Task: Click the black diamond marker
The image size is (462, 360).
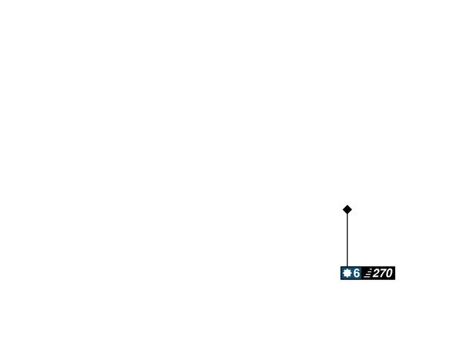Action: (347, 209)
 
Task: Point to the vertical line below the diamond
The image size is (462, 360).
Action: (347, 240)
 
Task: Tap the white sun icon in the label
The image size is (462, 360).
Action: (347, 273)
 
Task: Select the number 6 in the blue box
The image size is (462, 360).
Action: (357, 273)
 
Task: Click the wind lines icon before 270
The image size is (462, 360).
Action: (368, 274)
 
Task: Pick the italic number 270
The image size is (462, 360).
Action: (383, 273)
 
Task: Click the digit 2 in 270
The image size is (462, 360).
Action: (377, 273)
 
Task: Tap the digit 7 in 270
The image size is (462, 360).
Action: (383, 273)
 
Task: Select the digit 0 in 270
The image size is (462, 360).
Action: (389, 273)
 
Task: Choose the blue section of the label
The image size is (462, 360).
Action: (351, 273)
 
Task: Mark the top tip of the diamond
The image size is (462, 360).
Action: (347, 205)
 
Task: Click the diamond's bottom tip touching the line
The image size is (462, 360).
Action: (347, 214)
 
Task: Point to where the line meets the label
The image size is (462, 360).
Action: (347, 267)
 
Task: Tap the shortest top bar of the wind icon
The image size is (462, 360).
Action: (370, 270)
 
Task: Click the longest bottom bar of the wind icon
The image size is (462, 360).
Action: (367, 277)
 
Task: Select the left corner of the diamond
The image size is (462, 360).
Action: (343, 209)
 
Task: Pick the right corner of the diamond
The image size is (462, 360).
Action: (352, 209)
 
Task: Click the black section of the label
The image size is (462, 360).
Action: (378, 273)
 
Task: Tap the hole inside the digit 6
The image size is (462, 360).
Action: (357, 275)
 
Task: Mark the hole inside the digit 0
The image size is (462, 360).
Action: (389, 273)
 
